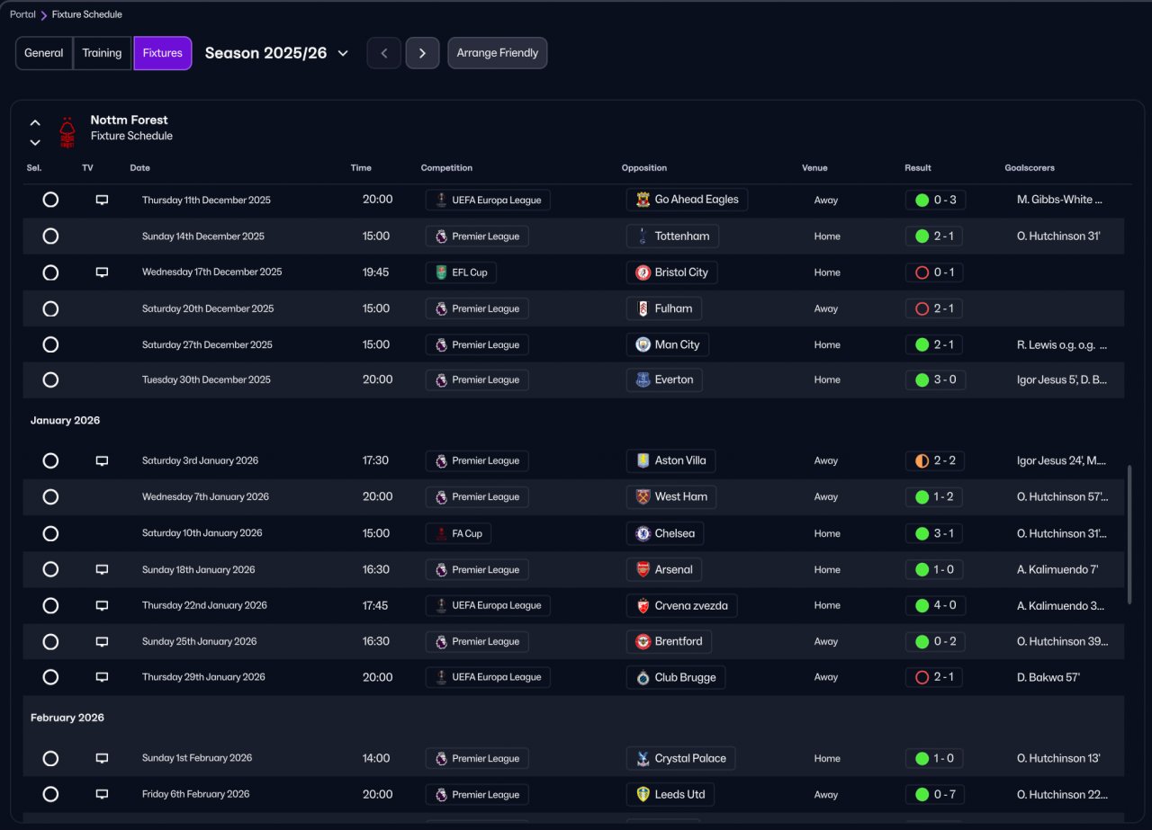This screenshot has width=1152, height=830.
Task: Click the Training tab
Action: [x=102, y=53]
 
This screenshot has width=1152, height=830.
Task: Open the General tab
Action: [x=43, y=53]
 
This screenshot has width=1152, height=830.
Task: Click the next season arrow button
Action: [x=422, y=53]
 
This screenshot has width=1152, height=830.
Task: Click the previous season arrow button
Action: [x=384, y=53]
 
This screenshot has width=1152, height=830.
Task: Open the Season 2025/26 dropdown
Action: [x=277, y=53]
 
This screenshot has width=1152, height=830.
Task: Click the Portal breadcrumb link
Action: [x=22, y=14]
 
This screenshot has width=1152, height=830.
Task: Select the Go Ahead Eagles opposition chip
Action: [x=687, y=200]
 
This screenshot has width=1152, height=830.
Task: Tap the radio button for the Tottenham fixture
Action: [x=50, y=237]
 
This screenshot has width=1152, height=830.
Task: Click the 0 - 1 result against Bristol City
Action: [x=935, y=272]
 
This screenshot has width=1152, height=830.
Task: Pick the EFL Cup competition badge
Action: [x=461, y=272]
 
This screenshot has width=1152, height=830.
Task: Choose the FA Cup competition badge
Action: [x=458, y=533]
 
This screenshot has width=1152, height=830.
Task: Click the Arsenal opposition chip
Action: [x=664, y=569]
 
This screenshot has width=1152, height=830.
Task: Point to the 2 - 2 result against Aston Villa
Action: [x=935, y=460]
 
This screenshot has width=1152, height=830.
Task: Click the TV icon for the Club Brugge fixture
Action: [x=102, y=677]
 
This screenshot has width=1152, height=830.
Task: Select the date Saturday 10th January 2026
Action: [x=202, y=533]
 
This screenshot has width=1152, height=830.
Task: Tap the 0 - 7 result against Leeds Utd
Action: [x=935, y=794]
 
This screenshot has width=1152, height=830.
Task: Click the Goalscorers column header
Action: [x=1029, y=168]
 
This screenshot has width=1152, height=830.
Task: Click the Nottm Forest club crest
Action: [x=67, y=132]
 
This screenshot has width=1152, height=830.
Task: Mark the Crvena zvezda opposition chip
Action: [x=681, y=605]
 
